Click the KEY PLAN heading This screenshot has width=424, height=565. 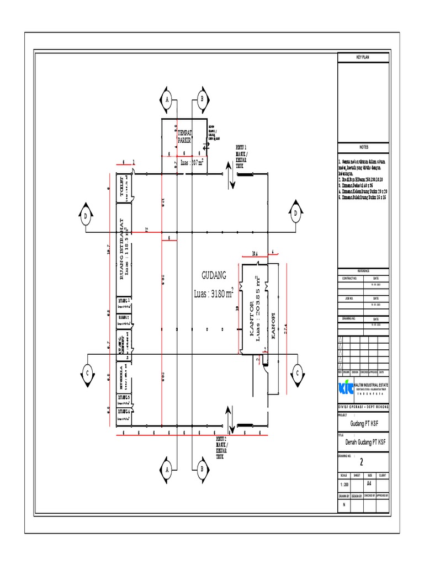pyautogui.click(x=364, y=57)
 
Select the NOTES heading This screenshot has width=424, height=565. pyautogui.click(x=364, y=147)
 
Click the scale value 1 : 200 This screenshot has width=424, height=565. pyautogui.click(x=345, y=484)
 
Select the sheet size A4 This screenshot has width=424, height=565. pyautogui.click(x=369, y=483)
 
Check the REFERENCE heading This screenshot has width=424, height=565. pyautogui.click(x=364, y=271)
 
